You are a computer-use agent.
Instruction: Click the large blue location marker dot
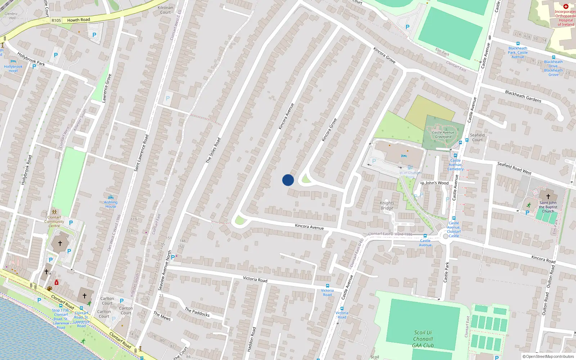288,180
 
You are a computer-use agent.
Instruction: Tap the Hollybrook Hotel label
13,68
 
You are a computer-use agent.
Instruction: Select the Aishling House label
111,204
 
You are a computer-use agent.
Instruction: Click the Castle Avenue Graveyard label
443,135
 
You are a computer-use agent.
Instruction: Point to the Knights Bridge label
387,206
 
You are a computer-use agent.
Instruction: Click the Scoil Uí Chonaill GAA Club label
423,339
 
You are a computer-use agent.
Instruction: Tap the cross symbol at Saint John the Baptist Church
548,197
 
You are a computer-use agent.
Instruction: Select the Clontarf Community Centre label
54,221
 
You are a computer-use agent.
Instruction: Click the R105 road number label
56,21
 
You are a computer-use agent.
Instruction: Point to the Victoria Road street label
255,279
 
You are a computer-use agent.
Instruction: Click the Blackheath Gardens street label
523,96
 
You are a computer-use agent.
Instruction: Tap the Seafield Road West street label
514,168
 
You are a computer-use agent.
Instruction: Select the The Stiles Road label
213,150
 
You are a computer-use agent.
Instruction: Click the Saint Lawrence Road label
141,153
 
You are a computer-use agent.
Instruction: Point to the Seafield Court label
477,138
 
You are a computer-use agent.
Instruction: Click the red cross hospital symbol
566,6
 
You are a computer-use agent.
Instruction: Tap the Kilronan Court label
165,10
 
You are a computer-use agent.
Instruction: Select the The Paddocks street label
197,312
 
